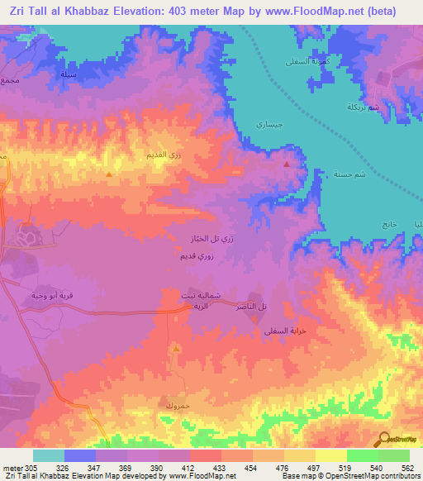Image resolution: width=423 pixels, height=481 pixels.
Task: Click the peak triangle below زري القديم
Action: pyautogui.click(x=110, y=175)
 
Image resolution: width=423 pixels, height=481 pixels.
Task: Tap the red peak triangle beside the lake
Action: pyautogui.click(x=287, y=164)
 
